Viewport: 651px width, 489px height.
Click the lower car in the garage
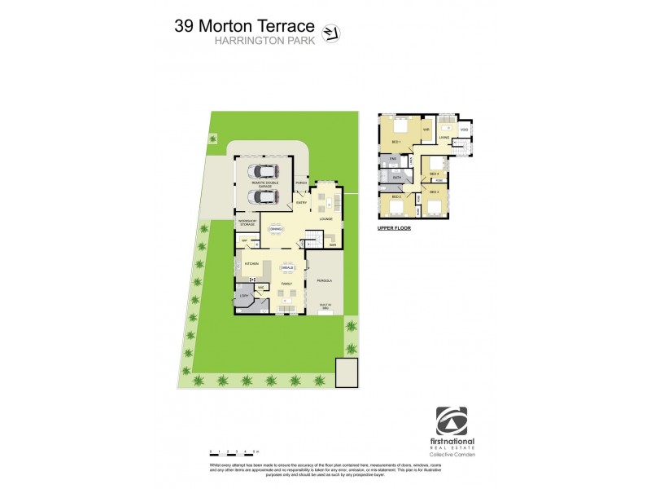[x=264, y=196]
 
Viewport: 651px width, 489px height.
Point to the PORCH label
[x=301, y=183]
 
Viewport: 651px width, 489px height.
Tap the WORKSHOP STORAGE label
[x=247, y=222]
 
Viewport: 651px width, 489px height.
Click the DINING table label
[x=276, y=229]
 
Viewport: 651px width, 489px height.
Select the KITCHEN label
[x=251, y=263]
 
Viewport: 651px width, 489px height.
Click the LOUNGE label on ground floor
[x=325, y=219]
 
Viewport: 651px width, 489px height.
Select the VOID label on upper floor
[x=464, y=130]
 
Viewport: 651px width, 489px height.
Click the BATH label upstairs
[x=397, y=177]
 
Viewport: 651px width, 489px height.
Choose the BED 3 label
[x=434, y=192]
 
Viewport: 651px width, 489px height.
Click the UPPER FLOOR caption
[x=394, y=229]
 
